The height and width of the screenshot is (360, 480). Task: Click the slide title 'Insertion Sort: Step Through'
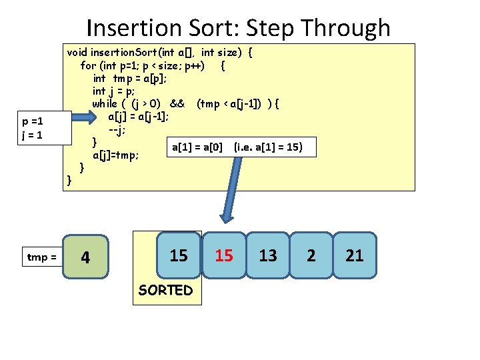(238, 28)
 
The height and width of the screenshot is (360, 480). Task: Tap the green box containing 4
(85, 257)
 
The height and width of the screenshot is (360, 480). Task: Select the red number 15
(224, 255)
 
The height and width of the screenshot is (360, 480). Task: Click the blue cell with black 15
(178, 254)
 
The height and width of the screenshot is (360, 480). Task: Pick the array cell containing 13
(268, 255)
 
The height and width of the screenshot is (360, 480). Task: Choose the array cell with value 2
(311, 255)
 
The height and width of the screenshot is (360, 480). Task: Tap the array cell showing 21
(355, 255)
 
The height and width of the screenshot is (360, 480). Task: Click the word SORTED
(165, 290)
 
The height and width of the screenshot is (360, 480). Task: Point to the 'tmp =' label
(41, 257)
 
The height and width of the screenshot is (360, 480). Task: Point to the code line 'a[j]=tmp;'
(115, 155)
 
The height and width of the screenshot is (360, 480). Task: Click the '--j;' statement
(117, 129)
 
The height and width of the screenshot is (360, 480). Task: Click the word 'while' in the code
(104, 103)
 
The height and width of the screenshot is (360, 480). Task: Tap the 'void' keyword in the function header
(77, 52)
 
